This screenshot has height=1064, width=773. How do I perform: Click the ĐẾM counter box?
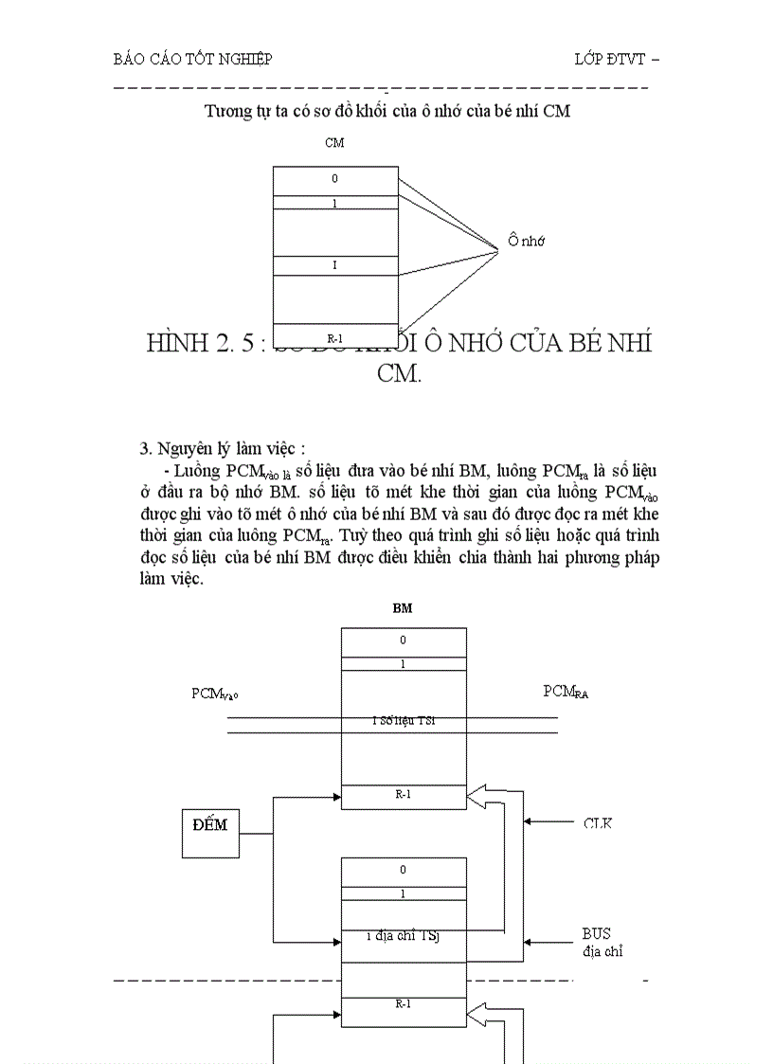point(209,832)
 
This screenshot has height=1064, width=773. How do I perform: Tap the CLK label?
point(597,823)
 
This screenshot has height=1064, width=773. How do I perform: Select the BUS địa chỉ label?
point(602,942)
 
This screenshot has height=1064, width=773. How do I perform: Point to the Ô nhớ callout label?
point(526,241)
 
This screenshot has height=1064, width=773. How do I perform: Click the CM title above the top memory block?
point(334,143)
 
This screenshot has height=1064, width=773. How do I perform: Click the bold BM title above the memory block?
point(403,608)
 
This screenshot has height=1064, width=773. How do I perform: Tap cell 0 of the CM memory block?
point(334,179)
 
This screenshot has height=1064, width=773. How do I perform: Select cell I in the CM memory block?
point(334,265)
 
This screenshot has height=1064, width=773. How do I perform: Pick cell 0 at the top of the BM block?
point(403,640)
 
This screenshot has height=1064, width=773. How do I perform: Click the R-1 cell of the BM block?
point(403,795)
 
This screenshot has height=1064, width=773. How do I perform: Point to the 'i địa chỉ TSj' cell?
point(403,937)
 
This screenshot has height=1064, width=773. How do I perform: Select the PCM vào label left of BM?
point(215,694)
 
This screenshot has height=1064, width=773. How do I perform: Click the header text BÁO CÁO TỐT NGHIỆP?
point(192,59)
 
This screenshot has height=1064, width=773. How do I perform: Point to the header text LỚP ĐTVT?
point(615,59)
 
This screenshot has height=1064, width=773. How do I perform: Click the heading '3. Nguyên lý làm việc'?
point(223,448)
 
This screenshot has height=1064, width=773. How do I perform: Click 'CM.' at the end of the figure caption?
point(399,373)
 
